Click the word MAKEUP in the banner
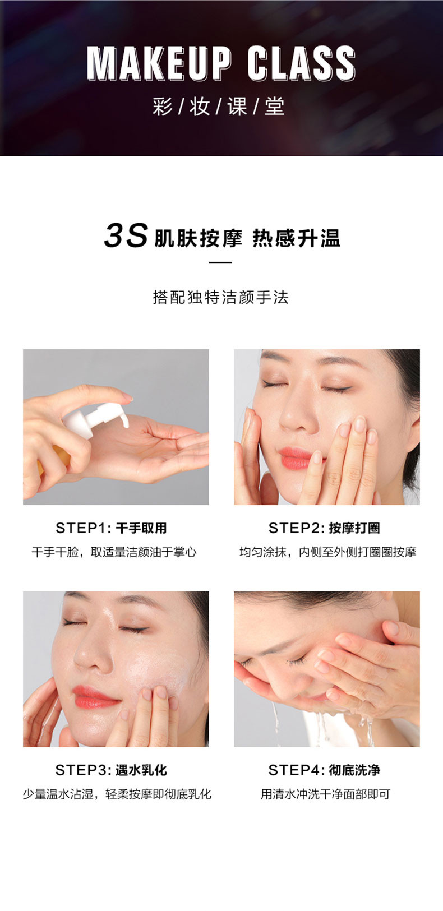point(159,63)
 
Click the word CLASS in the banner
point(302,63)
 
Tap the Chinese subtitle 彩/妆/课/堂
point(219,107)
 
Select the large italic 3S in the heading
point(126,235)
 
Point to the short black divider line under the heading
point(220,263)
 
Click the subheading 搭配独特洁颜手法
point(221,297)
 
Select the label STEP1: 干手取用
point(111,528)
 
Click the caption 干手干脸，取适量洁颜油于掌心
point(114,552)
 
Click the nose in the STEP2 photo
point(298,415)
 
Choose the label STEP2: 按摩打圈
point(324,528)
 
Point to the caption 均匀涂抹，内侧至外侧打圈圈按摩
point(328,552)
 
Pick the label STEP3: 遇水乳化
point(111,770)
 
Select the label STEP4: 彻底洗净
point(324,770)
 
